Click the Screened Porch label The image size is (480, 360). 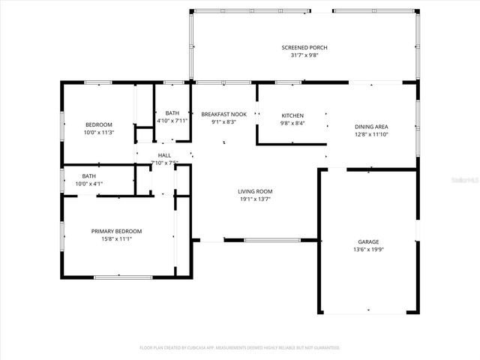304,47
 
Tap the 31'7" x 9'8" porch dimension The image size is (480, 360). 304,55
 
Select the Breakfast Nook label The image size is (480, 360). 223,114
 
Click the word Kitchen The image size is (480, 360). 292,115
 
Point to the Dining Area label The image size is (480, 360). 371,127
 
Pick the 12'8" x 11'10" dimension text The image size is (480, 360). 371,135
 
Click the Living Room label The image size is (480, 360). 254,191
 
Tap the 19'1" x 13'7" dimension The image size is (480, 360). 254,199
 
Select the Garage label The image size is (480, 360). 367,241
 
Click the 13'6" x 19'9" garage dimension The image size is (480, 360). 367,250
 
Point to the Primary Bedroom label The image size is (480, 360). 116,231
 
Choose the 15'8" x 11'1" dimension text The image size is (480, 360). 116,239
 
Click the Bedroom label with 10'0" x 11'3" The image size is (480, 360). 98,124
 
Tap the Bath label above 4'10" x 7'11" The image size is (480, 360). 172,112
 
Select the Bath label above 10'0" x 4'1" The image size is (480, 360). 89,175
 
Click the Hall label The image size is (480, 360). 164,154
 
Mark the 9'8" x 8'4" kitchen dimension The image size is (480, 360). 292,123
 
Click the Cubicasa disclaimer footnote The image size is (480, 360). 240,348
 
